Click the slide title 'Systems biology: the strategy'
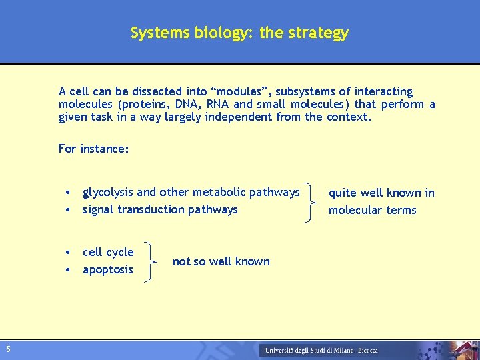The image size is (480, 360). (x=239, y=33)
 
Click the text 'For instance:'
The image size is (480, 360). (x=93, y=149)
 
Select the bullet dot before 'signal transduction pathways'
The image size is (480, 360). (x=69, y=210)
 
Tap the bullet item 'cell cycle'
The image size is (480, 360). (x=108, y=252)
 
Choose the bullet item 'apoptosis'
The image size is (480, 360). (x=107, y=269)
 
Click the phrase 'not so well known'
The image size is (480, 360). (x=221, y=261)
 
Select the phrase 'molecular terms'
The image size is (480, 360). (x=372, y=210)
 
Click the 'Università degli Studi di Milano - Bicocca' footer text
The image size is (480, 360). (x=321, y=350)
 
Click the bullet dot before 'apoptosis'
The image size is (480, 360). (x=69, y=270)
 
